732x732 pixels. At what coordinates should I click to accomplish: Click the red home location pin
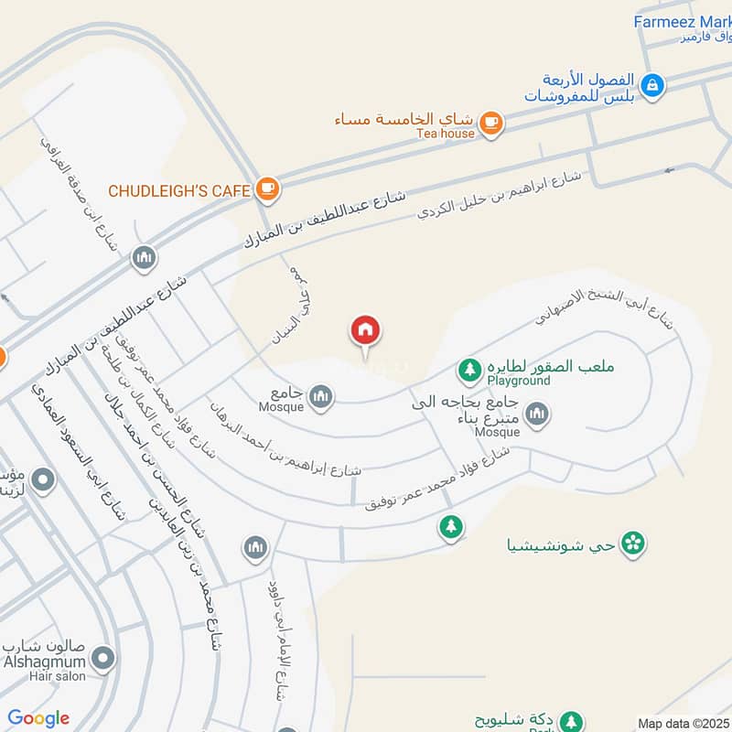tap(366, 331)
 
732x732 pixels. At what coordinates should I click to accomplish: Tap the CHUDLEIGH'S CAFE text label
tap(178, 190)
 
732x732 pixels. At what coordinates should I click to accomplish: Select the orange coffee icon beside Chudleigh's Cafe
tap(267, 188)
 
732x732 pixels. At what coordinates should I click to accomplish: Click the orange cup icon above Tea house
tap(491, 121)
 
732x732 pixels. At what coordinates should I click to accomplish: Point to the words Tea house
tap(446, 134)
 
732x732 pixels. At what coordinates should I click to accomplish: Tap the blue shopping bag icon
tap(652, 85)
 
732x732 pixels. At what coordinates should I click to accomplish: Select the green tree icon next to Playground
tap(469, 371)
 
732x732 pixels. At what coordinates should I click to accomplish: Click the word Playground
tap(519, 380)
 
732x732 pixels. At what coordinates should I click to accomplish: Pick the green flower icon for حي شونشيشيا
tap(632, 544)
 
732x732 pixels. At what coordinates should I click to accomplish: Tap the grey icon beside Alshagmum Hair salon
tap(104, 658)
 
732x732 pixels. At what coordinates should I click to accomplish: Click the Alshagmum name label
tap(45, 662)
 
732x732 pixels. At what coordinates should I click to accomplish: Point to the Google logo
tap(38, 718)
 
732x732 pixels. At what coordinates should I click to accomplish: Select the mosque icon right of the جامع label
tap(320, 396)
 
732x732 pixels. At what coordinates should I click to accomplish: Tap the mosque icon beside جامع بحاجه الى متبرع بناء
tap(538, 414)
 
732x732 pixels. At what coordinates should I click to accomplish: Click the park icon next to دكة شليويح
tap(571, 722)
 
